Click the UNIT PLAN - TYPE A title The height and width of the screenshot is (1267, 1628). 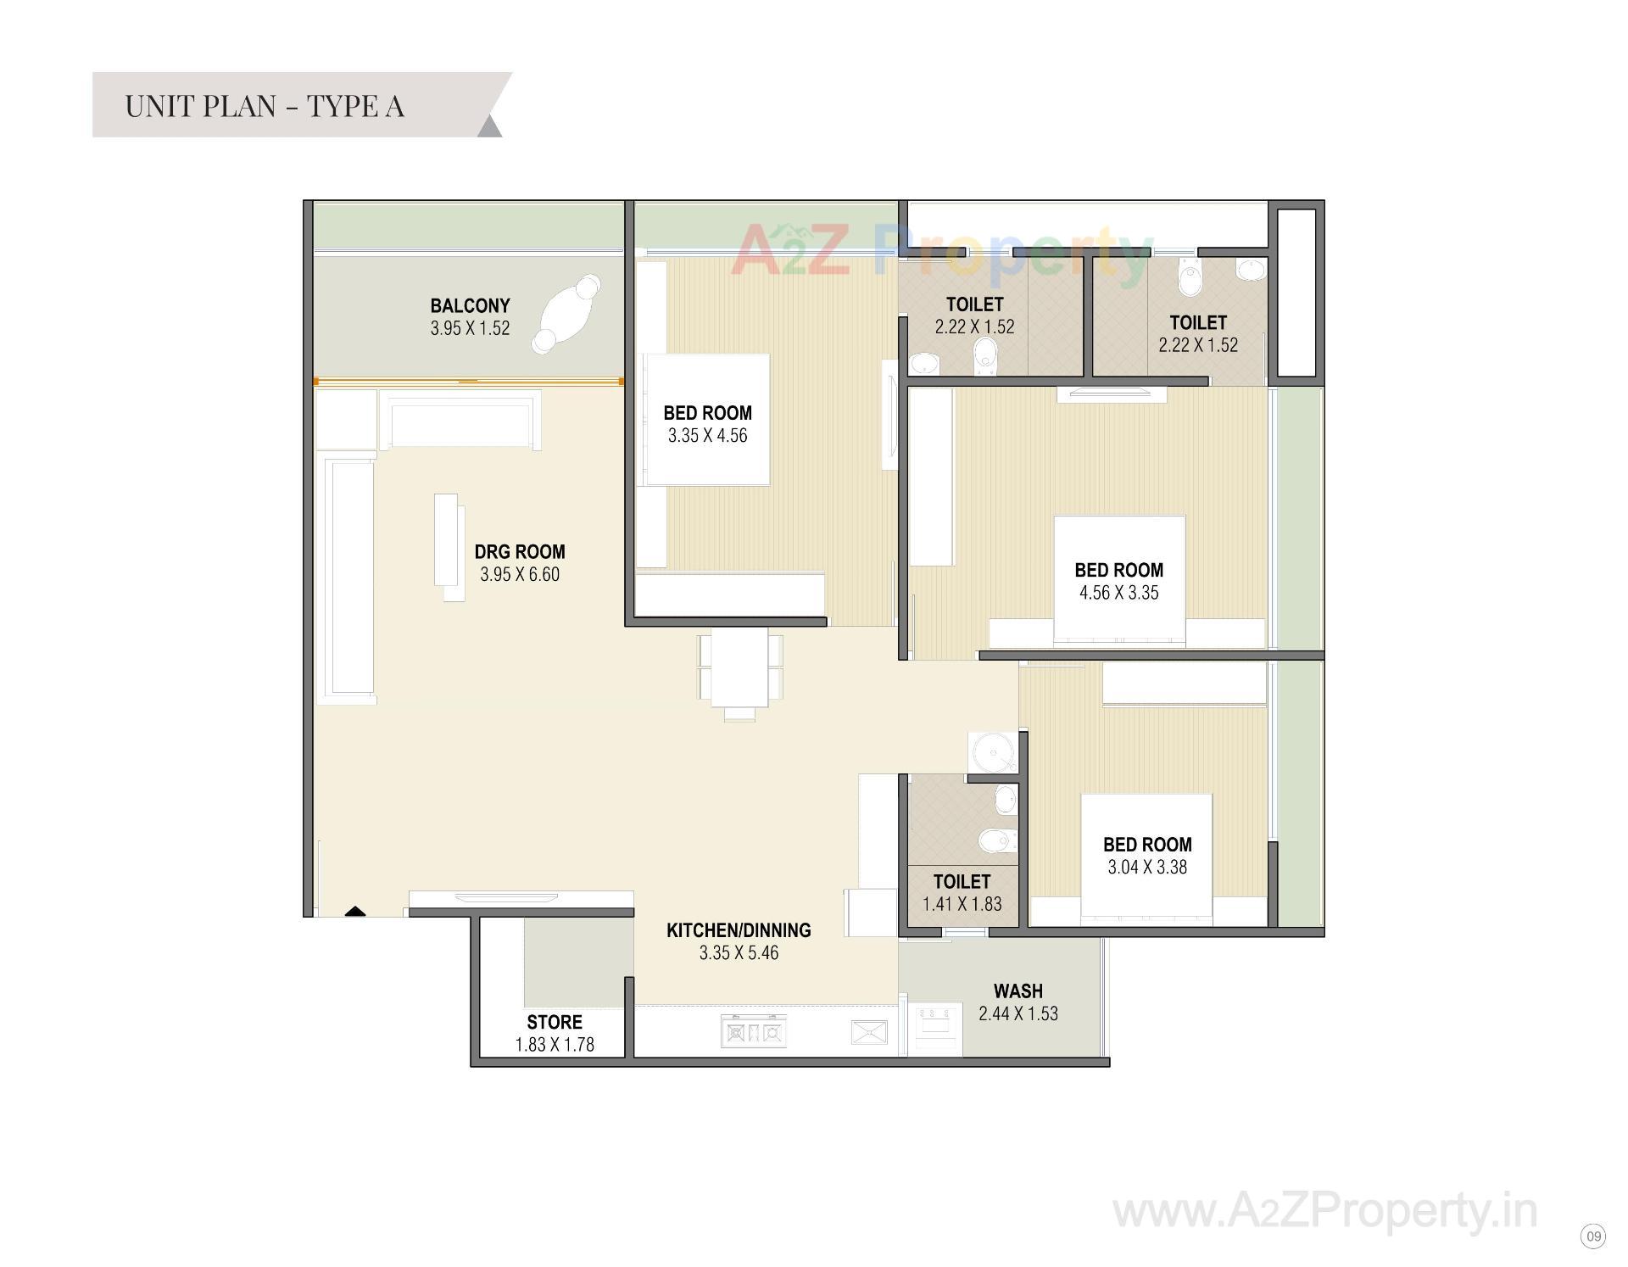[x=265, y=106]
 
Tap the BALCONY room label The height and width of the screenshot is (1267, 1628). [x=470, y=305]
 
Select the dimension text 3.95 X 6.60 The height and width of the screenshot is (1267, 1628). [x=520, y=574]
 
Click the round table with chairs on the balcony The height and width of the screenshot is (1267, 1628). [x=566, y=314]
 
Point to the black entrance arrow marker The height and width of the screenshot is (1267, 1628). [x=355, y=912]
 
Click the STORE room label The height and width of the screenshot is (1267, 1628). [x=555, y=1022]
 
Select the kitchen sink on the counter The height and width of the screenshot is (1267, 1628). [x=869, y=1032]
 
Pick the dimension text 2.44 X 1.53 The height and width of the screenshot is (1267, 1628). [x=1017, y=1013]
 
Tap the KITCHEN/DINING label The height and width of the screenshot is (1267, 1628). [x=739, y=930]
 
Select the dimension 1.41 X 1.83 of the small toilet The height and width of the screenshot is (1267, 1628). [x=962, y=904]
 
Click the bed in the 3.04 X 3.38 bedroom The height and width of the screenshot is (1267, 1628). [x=1146, y=858]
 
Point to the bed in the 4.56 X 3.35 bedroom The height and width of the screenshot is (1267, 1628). [x=1119, y=577]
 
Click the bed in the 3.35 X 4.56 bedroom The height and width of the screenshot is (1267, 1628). [x=706, y=420]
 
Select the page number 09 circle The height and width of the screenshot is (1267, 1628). [x=1593, y=1236]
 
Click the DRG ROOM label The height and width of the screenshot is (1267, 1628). [x=520, y=551]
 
